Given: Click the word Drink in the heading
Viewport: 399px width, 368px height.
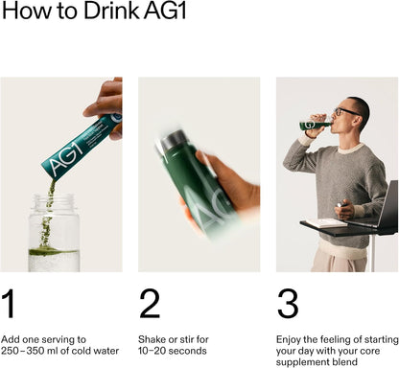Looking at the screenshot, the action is click(x=111, y=11).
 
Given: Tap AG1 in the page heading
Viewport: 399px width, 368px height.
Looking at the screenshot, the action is click(x=165, y=11).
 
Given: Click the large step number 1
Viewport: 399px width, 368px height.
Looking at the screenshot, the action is click(x=10, y=304).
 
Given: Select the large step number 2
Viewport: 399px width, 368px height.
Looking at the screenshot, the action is click(x=150, y=304).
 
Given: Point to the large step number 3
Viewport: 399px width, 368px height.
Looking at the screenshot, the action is click(x=288, y=304).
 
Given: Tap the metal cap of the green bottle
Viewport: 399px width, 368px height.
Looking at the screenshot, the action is click(x=173, y=139).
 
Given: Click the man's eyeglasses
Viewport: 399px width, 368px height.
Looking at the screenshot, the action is click(x=344, y=112).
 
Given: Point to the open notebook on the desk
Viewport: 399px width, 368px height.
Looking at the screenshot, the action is click(x=326, y=222).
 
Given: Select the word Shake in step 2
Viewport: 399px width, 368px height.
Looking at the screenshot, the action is click(x=153, y=339).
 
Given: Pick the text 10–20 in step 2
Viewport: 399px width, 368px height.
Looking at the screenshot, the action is click(x=153, y=351).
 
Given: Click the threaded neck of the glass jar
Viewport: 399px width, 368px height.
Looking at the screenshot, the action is click(x=54, y=201).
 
